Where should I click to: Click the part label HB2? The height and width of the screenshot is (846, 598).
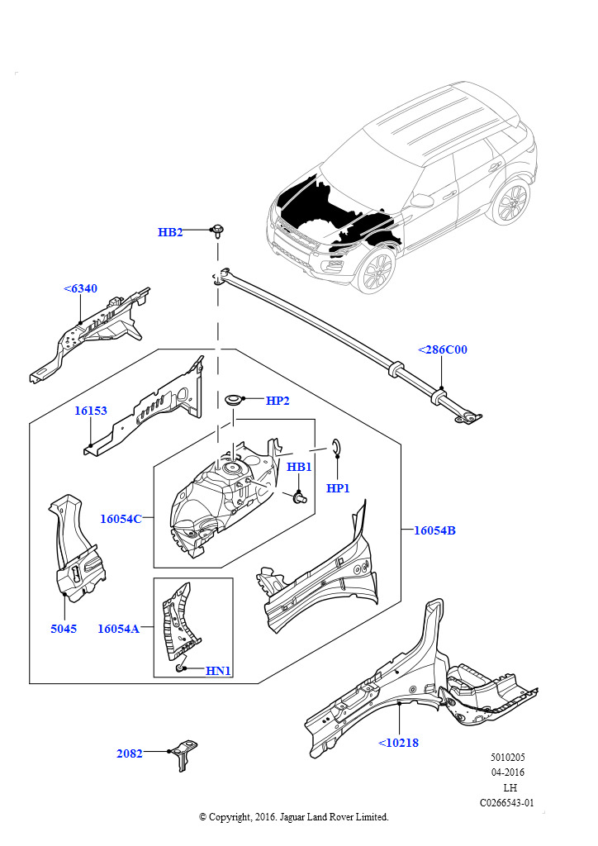(170, 232)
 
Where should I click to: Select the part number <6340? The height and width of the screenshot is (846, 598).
(80, 288)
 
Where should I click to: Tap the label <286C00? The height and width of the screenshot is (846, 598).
(443, 349)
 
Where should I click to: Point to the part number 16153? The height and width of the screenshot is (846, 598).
(91, 411)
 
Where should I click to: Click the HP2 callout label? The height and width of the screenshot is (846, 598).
(278, 401)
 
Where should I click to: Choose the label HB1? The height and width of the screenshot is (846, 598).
(299, 467)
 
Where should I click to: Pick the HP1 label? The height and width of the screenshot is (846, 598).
(339, 488)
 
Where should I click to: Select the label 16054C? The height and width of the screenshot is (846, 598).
(121, 519)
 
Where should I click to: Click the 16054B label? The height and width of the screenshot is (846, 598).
(434, 530)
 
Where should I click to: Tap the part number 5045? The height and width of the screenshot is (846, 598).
(64, 629)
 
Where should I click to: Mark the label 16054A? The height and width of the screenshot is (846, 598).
(118, 629)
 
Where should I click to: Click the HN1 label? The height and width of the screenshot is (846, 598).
(218, 671)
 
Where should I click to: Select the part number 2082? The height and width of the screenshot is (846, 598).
(130, 753)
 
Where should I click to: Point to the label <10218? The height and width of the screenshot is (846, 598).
(399, 743)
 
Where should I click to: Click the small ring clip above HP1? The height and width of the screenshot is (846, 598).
(335, 447)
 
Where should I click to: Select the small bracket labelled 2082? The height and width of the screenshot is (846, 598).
(185, 753)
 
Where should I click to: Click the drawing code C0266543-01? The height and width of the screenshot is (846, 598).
(507, 802)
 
